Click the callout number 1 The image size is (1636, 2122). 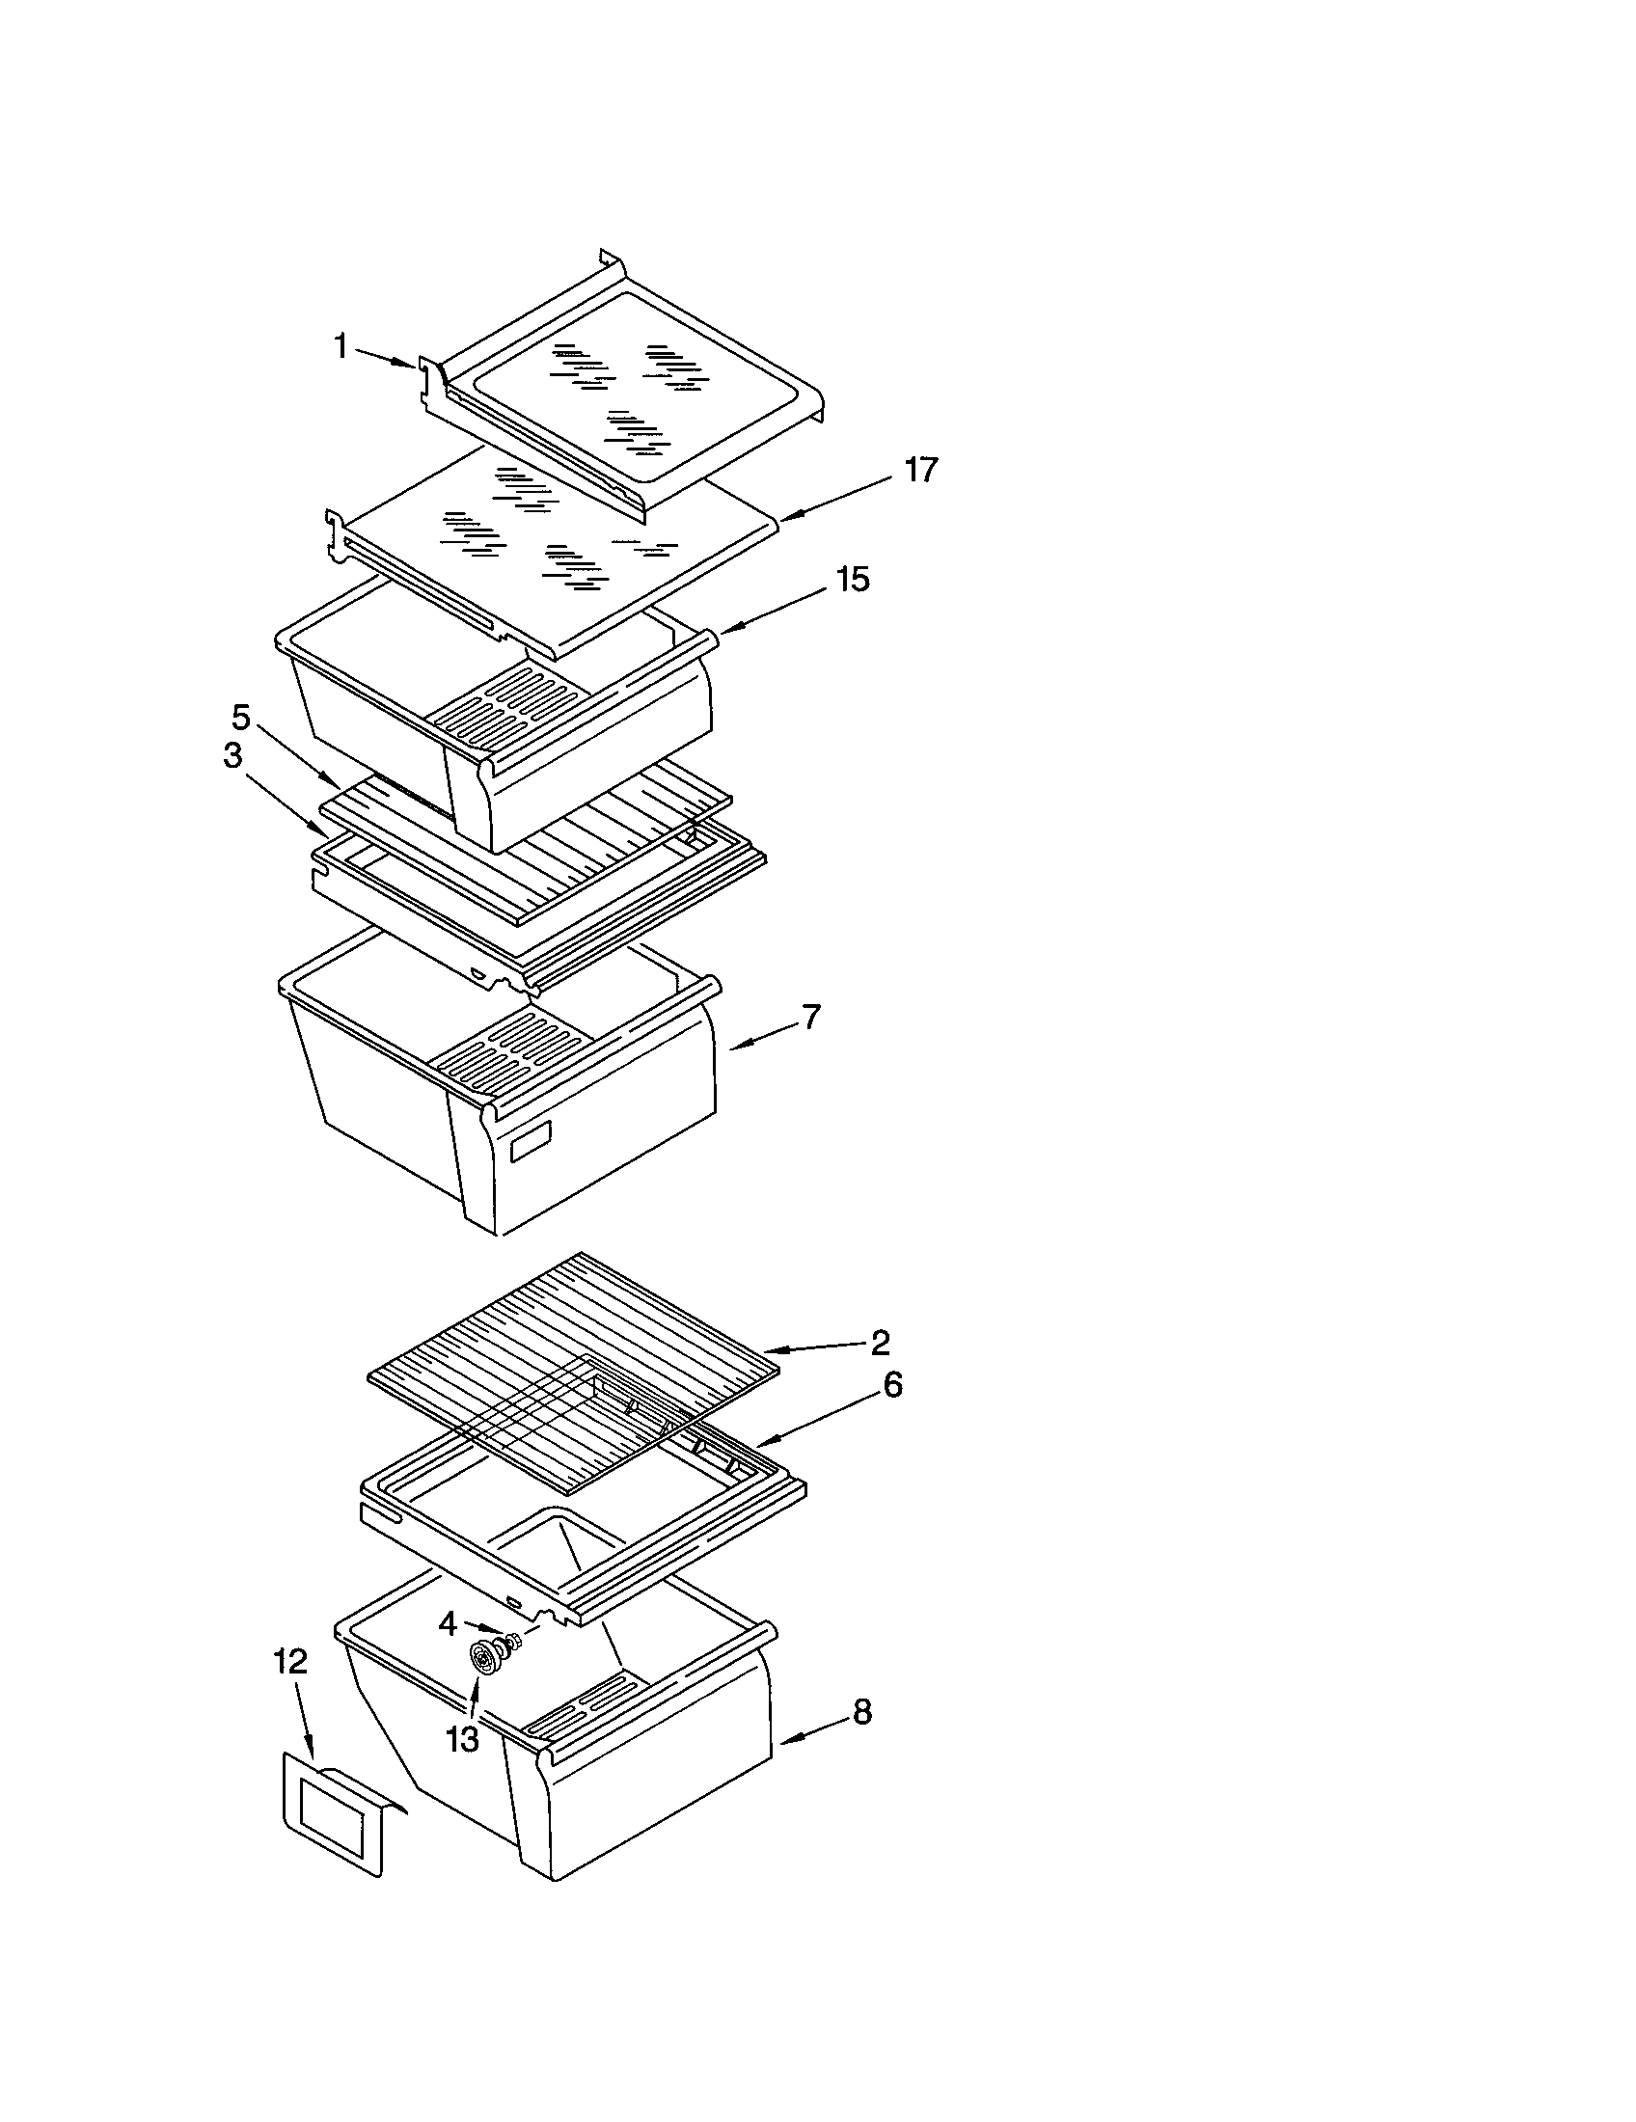pyautogui.click(x=340, y=345)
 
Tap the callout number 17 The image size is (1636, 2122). pyautogui.click(x=920, y=471)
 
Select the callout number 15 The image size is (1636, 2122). pyautogui.click(x=852, y=580)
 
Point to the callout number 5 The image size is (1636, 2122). pyautogui.click(x=240, y=718)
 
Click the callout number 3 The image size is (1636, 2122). pyautogui.click(x=232, y=756)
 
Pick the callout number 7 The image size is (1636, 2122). pyautogui.click(x=809, y=1018)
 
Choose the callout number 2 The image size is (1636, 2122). pyautogui.click(x=879, y=1343)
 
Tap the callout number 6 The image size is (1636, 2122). pyautogui.click(x=891, y=1384)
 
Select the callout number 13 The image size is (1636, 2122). pyautogui.click(x=462, y=1739)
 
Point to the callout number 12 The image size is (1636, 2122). pyautogui.click(x=289, y=1662)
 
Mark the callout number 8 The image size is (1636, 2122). pyautogui.click(x=861, y=1712)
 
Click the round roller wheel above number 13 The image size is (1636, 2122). pyautogui.click(x=482, y=1657)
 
